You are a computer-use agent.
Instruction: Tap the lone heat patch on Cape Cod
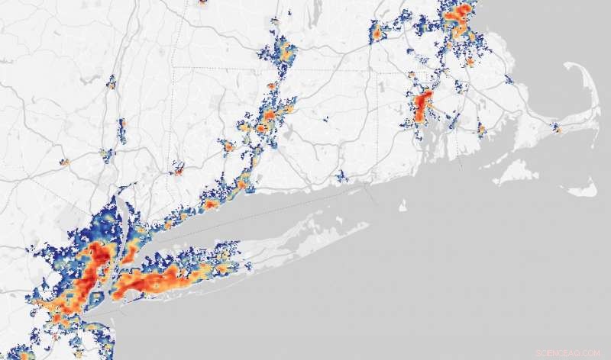[x=557, y=129]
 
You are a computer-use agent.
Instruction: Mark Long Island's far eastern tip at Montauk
[x=367, y=224]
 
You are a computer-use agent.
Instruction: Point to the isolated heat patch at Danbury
[x=178, y=169]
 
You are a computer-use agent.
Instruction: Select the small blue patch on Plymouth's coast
[x=510, y=79]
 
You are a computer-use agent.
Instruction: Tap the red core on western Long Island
[x=145, y=283]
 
